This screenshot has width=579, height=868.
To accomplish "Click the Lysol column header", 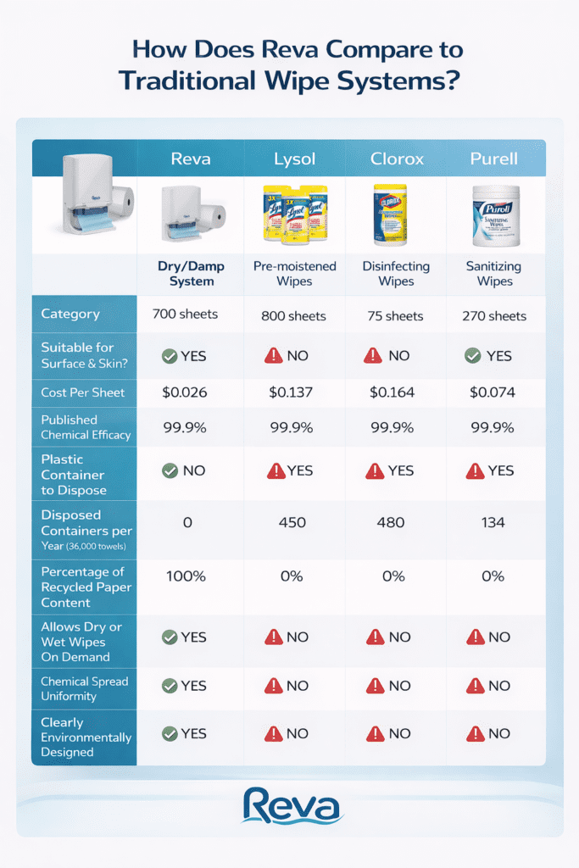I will [x=295, y=159].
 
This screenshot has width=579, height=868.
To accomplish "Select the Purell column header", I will [x=494, y=159].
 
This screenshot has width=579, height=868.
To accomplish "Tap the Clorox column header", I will [x=396, y=159].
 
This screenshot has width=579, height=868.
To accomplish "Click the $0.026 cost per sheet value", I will [x=185, y=392].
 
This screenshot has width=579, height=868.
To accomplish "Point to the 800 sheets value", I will [x=293, y=316].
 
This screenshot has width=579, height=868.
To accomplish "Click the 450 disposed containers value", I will [x=292, y=522].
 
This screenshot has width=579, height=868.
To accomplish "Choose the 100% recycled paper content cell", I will [x=185, y=576].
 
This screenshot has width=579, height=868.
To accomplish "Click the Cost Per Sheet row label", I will [x=83, y=392].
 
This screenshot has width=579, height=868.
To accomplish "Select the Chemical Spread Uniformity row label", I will [x=85, y=688].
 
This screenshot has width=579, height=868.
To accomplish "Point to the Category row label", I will [x=70, y=314].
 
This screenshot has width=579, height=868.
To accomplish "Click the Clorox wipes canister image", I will [x=391, y=215].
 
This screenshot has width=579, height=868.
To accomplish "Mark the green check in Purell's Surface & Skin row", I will [x=474, y=356].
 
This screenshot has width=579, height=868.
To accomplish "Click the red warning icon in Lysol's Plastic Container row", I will [x=274, y=470].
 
